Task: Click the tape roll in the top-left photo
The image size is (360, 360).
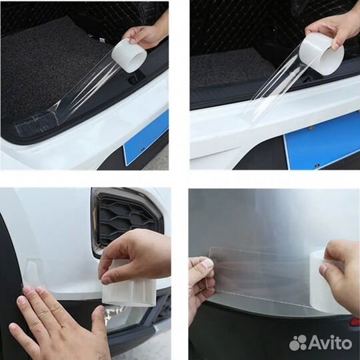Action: click(129, 56)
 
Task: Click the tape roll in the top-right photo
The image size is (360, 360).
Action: click(323, 55)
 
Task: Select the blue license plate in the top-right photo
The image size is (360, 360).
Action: click(322, 146)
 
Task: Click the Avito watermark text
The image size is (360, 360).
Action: click(331, 343)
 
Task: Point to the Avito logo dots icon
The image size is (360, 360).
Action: click(298, 343)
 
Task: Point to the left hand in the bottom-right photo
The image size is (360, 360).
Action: click(200, 287)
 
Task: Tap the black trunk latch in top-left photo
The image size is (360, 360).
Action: click(132, 81)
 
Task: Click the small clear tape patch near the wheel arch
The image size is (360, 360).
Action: click(33, 273)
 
